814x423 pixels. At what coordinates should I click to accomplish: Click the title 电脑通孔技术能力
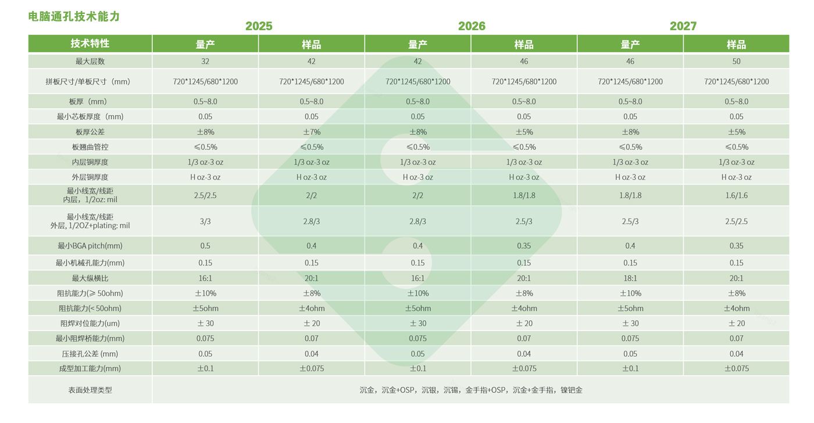[74, 16]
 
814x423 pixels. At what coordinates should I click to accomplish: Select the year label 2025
[259, 26]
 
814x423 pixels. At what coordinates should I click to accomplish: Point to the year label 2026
[472, 26]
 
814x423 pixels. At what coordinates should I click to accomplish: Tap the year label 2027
[683, 26]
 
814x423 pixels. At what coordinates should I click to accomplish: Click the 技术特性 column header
[90, 44]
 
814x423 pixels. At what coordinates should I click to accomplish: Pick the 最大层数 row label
[90, 62]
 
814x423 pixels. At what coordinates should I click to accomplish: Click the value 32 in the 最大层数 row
[205, 62]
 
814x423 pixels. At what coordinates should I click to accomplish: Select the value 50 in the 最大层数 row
[737, 62]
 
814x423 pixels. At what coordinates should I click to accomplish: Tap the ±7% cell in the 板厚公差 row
[312, 132]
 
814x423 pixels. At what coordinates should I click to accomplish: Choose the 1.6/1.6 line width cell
[737, 195]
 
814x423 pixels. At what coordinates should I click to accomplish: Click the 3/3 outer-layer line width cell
[205, 221]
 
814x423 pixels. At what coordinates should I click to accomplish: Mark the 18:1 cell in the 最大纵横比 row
[630, 278]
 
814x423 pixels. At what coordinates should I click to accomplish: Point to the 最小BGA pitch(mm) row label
[90, 246]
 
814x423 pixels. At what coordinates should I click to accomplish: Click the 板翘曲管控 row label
[90, 147]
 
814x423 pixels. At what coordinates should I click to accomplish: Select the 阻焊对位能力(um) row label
[90, 324]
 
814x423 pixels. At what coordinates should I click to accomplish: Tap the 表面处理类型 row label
[90, 390]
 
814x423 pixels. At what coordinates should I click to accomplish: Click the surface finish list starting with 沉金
[471, 390]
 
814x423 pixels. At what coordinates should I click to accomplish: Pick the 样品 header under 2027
[737, 44]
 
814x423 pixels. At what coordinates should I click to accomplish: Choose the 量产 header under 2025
[205, 44]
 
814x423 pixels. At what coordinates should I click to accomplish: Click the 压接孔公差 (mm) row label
[90, 354]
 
